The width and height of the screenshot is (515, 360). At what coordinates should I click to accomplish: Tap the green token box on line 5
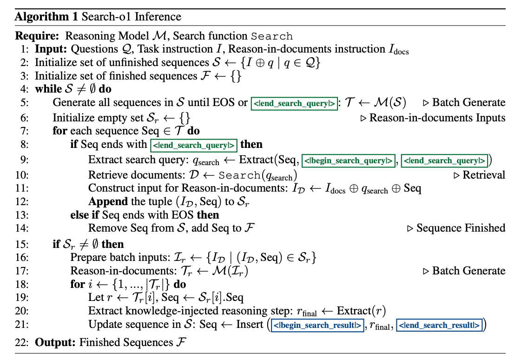tap(294, 103)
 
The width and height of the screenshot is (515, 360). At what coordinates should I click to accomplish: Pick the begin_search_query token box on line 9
tap(349, 160)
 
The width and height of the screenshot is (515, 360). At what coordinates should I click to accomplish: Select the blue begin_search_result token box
tap(318, 325)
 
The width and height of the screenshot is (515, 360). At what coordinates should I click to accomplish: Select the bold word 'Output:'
tap(55, 343)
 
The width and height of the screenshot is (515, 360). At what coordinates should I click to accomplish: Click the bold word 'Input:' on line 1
tap(51, 49)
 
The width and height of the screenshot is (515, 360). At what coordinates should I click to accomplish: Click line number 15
tap(22, 244)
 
